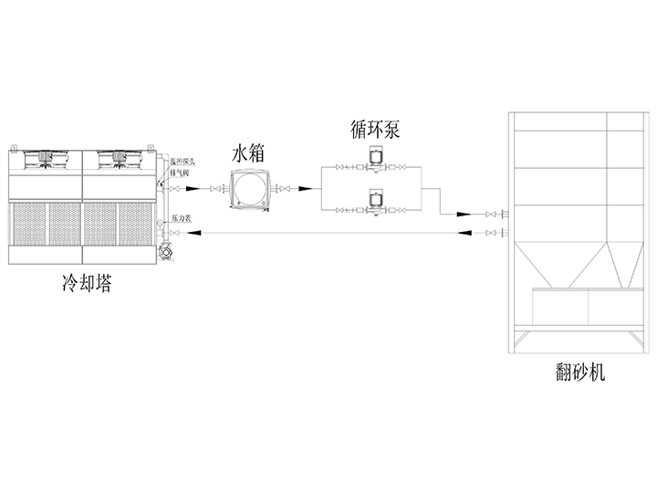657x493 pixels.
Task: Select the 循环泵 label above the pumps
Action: [374, 130]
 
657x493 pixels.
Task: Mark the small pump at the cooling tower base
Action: [165, 253]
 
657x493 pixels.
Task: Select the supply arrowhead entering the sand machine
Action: [466, 215]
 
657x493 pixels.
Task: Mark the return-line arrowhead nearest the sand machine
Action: [466, 235]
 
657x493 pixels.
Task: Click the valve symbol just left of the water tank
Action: [216, 189]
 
